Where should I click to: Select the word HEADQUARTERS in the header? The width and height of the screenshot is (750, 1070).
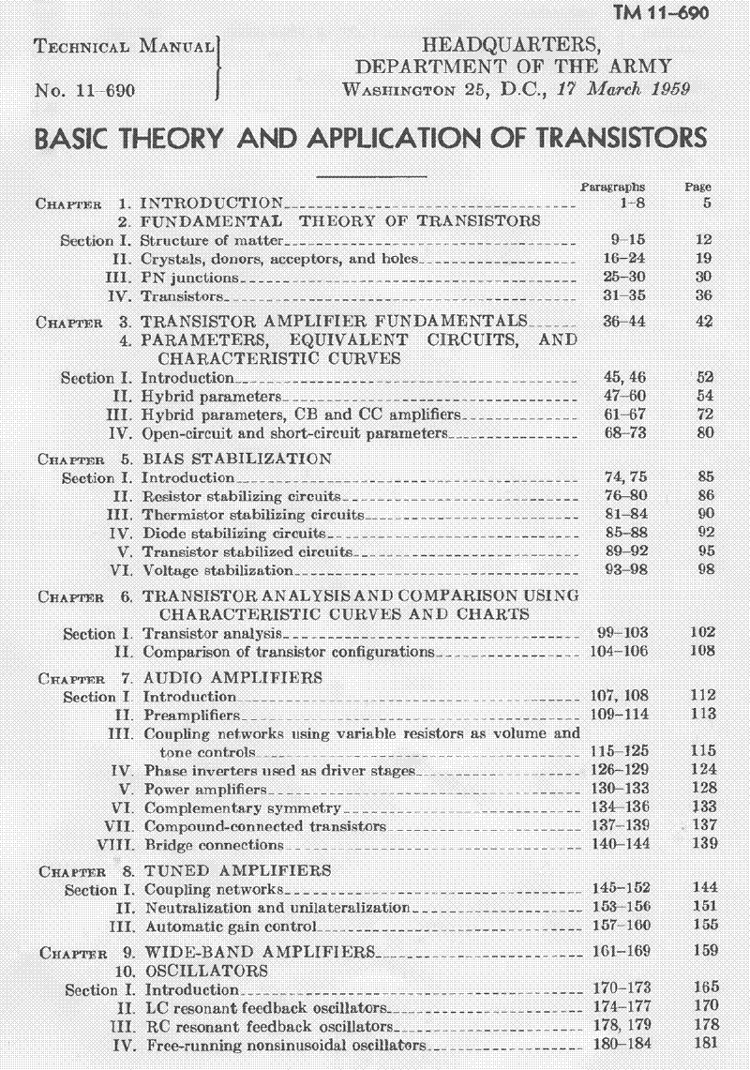click(509, 45)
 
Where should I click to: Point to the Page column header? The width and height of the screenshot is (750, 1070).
click(698, 187)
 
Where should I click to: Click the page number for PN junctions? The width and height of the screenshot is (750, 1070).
click(704, 278)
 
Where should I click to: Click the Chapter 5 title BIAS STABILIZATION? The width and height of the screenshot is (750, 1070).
click(236, 460)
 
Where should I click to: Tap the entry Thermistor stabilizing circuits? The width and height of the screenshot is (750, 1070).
click(252, 515)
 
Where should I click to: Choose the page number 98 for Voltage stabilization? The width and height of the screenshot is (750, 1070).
click(706, 570)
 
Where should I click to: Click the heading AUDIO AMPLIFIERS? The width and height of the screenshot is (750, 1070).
click(232, 677)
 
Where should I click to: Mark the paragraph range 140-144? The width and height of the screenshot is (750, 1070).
click(620, 845)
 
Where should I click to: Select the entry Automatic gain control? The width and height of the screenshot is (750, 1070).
click(231, 927)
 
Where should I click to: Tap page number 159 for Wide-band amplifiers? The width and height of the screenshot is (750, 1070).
click(705, 950)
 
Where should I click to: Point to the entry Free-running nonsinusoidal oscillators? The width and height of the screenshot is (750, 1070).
click(285, 1046)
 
